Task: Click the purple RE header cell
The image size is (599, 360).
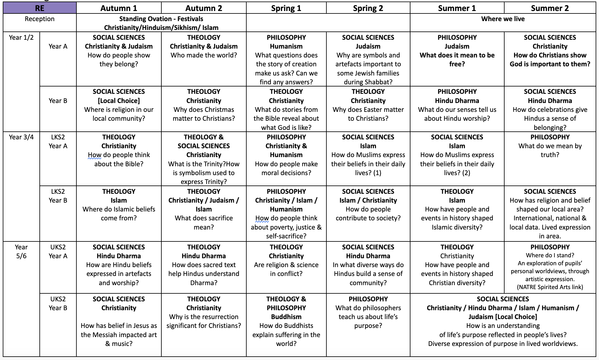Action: pos(39,8)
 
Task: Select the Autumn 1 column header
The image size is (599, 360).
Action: pos(119,8)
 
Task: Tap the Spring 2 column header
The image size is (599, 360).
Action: pos(368,8)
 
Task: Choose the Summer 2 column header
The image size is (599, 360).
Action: pos(549,8)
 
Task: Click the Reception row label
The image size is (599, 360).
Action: pos(39,19)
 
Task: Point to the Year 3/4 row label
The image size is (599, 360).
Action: pos(21,137)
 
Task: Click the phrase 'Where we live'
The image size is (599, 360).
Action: pos(503,19)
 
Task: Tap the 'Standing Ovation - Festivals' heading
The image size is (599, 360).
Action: pos(161,19)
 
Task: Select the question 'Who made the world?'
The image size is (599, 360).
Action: pos(204,55)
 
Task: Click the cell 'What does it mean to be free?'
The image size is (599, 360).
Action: pos(457,60)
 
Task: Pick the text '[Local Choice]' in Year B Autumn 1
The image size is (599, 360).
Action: pos(119,101)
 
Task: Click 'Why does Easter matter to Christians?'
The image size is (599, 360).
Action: pos(368,114)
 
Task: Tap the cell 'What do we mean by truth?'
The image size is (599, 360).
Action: pos(550,150)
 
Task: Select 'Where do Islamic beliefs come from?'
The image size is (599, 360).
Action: pos(119,214)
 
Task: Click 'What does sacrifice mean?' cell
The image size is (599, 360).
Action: pos(204,222)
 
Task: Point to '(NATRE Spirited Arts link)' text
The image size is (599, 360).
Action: pos(550,287)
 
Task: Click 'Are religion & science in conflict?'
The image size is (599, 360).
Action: pos(286,269)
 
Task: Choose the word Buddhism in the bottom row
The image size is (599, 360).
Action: pos(286,317)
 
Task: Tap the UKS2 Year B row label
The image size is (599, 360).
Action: pos(58,303)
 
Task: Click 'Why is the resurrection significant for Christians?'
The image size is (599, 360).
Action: pos(204,321)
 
